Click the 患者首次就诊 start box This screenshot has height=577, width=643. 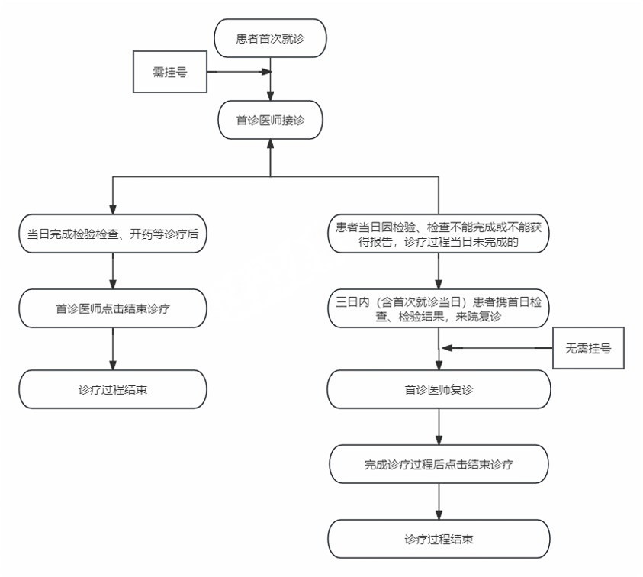click(271, 38)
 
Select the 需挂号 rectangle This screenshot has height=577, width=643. click(170, 73)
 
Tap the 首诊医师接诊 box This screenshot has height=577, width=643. click(271, 120)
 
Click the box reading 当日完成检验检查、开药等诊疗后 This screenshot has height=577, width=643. click(113, 234)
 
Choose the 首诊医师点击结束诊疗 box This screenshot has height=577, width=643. click(113, 309)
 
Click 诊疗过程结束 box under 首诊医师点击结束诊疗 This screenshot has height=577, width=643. click(113, 389)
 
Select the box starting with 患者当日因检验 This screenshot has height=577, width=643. click(439, 234)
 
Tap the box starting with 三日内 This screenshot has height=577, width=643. click(439, 309)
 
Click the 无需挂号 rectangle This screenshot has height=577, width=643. click(588, 348)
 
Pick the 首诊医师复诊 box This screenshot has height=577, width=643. click(439, 389)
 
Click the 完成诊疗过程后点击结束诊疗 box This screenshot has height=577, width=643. click(439, 464)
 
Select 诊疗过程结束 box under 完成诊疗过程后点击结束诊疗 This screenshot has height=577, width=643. click(439, 539)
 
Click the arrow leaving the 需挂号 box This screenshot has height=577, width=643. click(239, 73)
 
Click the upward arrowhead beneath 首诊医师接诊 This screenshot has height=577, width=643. click(271, 146)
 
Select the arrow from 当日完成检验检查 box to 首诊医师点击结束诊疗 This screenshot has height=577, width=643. click(113, 271)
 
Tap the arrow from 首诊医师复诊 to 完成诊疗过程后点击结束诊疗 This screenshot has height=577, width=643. click(439, 427)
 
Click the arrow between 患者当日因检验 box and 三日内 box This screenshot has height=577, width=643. click(439, 271)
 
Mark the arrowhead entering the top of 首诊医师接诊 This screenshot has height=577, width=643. click(271, 95)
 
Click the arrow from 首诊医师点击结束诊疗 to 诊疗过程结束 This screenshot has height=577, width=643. click(113, 350)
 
